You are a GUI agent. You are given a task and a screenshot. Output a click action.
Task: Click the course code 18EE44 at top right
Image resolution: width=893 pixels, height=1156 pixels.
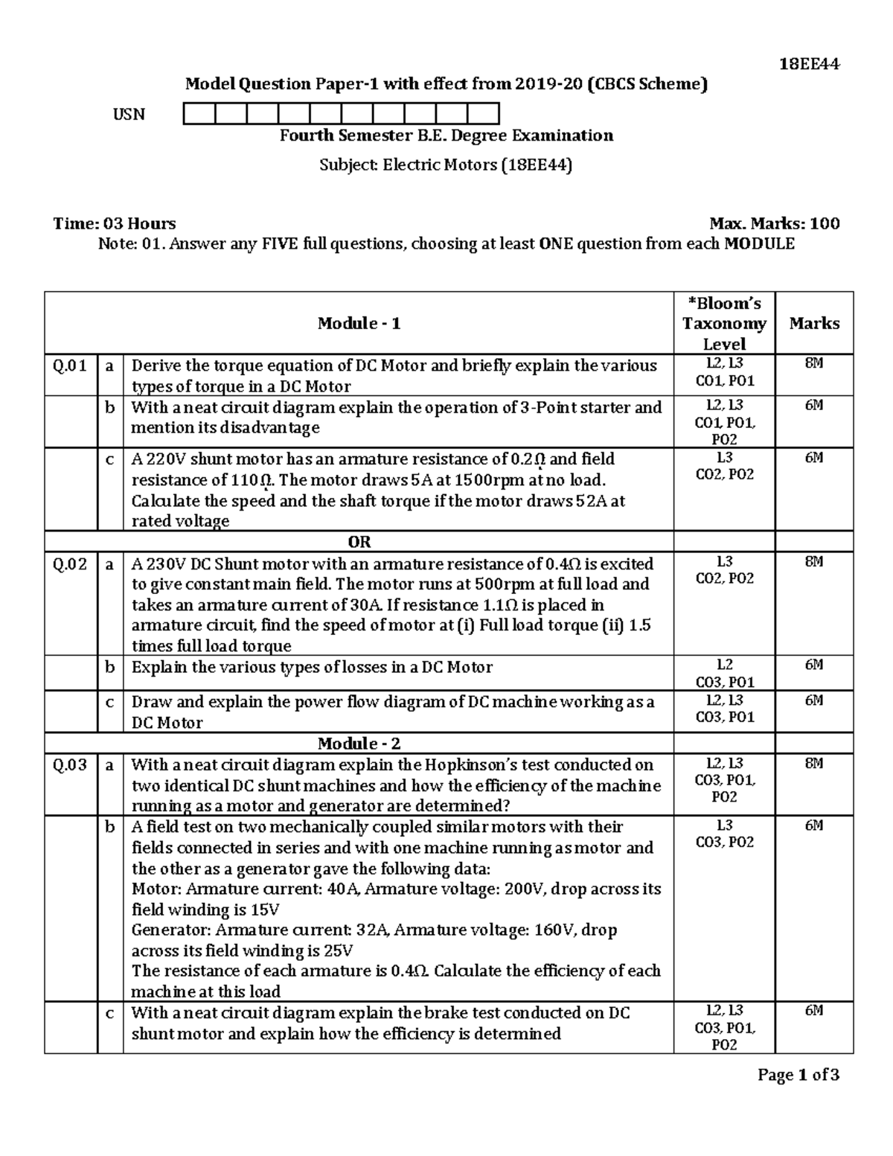pos(809,64)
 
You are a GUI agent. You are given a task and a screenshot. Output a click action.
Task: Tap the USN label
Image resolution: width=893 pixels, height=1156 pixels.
pos(129,115)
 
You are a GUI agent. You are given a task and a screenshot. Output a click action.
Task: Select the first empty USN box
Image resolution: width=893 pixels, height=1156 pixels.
pos(199,114)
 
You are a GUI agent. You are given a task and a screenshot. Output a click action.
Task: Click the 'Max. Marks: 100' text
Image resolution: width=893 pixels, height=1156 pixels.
pos(775,223)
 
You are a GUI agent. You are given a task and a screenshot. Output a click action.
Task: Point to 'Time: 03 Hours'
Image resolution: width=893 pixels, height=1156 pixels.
pos(115,223)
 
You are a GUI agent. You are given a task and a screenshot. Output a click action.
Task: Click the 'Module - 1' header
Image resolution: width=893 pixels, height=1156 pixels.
pos(359,323)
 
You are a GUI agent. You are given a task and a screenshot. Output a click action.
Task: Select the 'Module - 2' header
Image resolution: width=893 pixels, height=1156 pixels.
pos(359,744)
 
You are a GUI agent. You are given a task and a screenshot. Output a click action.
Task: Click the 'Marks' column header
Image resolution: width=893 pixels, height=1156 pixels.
pos(814,323)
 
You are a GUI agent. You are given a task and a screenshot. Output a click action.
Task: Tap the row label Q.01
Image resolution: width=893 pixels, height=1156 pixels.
pos(70,365)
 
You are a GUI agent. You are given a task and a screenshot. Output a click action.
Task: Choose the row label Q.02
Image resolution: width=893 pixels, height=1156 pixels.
pos(70,564)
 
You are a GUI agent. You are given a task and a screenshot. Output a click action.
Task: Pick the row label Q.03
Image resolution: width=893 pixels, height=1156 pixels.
pos(70,765)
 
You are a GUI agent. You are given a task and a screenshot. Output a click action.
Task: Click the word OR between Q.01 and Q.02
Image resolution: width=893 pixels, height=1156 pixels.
pos(359,542)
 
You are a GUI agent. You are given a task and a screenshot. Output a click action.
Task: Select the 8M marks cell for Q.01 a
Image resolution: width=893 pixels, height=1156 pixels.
pos(814,364)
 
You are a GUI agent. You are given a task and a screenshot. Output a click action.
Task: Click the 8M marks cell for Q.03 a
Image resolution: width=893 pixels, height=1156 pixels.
pos(814,764)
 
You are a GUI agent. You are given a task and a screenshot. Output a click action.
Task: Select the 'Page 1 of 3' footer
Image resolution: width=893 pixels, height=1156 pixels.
pos(798,1075)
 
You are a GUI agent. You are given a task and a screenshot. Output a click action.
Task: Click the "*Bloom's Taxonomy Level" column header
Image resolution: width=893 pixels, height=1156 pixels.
pos(724,323)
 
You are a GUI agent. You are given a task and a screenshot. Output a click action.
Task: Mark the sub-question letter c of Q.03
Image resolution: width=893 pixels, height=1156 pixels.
pos(110,1013)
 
